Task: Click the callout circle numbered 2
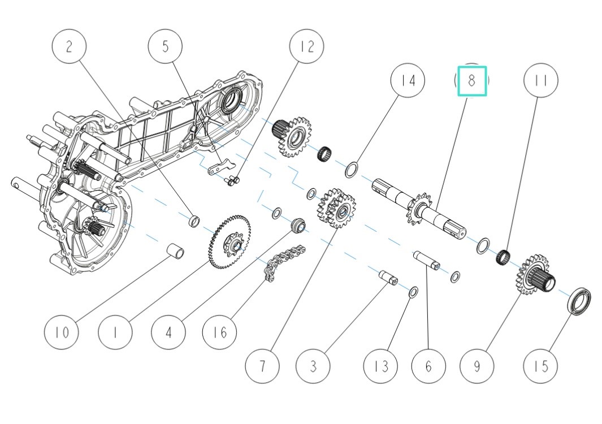69,46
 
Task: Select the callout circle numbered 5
165,46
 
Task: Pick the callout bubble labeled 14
408,81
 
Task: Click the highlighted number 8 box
472,81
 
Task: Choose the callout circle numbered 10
62,332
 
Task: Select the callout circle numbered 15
541,366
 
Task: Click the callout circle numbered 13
382,366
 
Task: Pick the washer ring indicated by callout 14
352,169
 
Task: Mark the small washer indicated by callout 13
413,292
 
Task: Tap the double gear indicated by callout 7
338,209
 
